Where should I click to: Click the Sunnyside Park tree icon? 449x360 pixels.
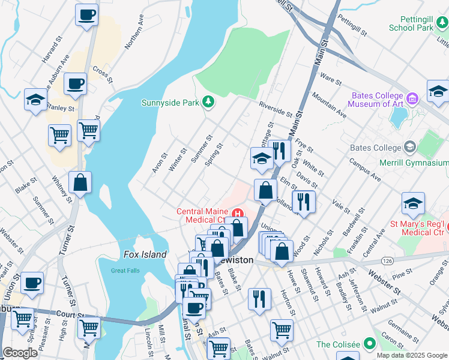(208, 102)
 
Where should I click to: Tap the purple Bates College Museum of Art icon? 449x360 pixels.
(412, 98)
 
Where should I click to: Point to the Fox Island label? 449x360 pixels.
(145, 254)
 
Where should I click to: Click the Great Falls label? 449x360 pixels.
(125, 271)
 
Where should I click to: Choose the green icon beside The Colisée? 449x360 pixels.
(370, 344)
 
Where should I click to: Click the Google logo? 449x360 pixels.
(20, 353)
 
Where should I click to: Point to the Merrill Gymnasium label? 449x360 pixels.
(414, 163)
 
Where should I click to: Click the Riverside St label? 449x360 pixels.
(275, 108)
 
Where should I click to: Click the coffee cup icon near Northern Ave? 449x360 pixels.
(86, 14)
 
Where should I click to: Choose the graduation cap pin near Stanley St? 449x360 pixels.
(35, 100)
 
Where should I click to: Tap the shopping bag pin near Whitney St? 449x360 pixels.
(80, 184)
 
